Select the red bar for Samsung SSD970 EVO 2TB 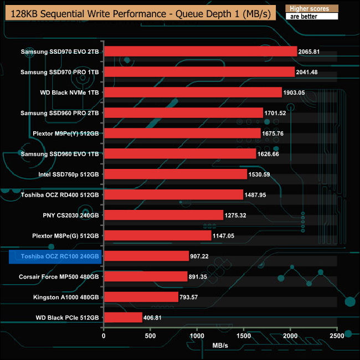tap(200, 52)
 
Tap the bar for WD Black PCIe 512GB tap(122, 317)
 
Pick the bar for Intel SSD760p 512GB tap(175, 174)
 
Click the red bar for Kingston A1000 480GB tap(141, 297)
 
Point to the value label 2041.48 tap(307, 72)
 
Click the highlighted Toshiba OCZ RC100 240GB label tap(54, 256)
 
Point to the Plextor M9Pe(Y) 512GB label tap(65, 133)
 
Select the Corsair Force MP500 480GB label tap(59, 276)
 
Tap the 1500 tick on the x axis tap(244, 336)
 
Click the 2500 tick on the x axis tap(337, 336)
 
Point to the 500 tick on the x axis tap(150, 336)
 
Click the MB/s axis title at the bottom tap(220, 346)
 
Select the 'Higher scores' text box tap(310, 9)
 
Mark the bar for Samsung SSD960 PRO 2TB tap(183, 113)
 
